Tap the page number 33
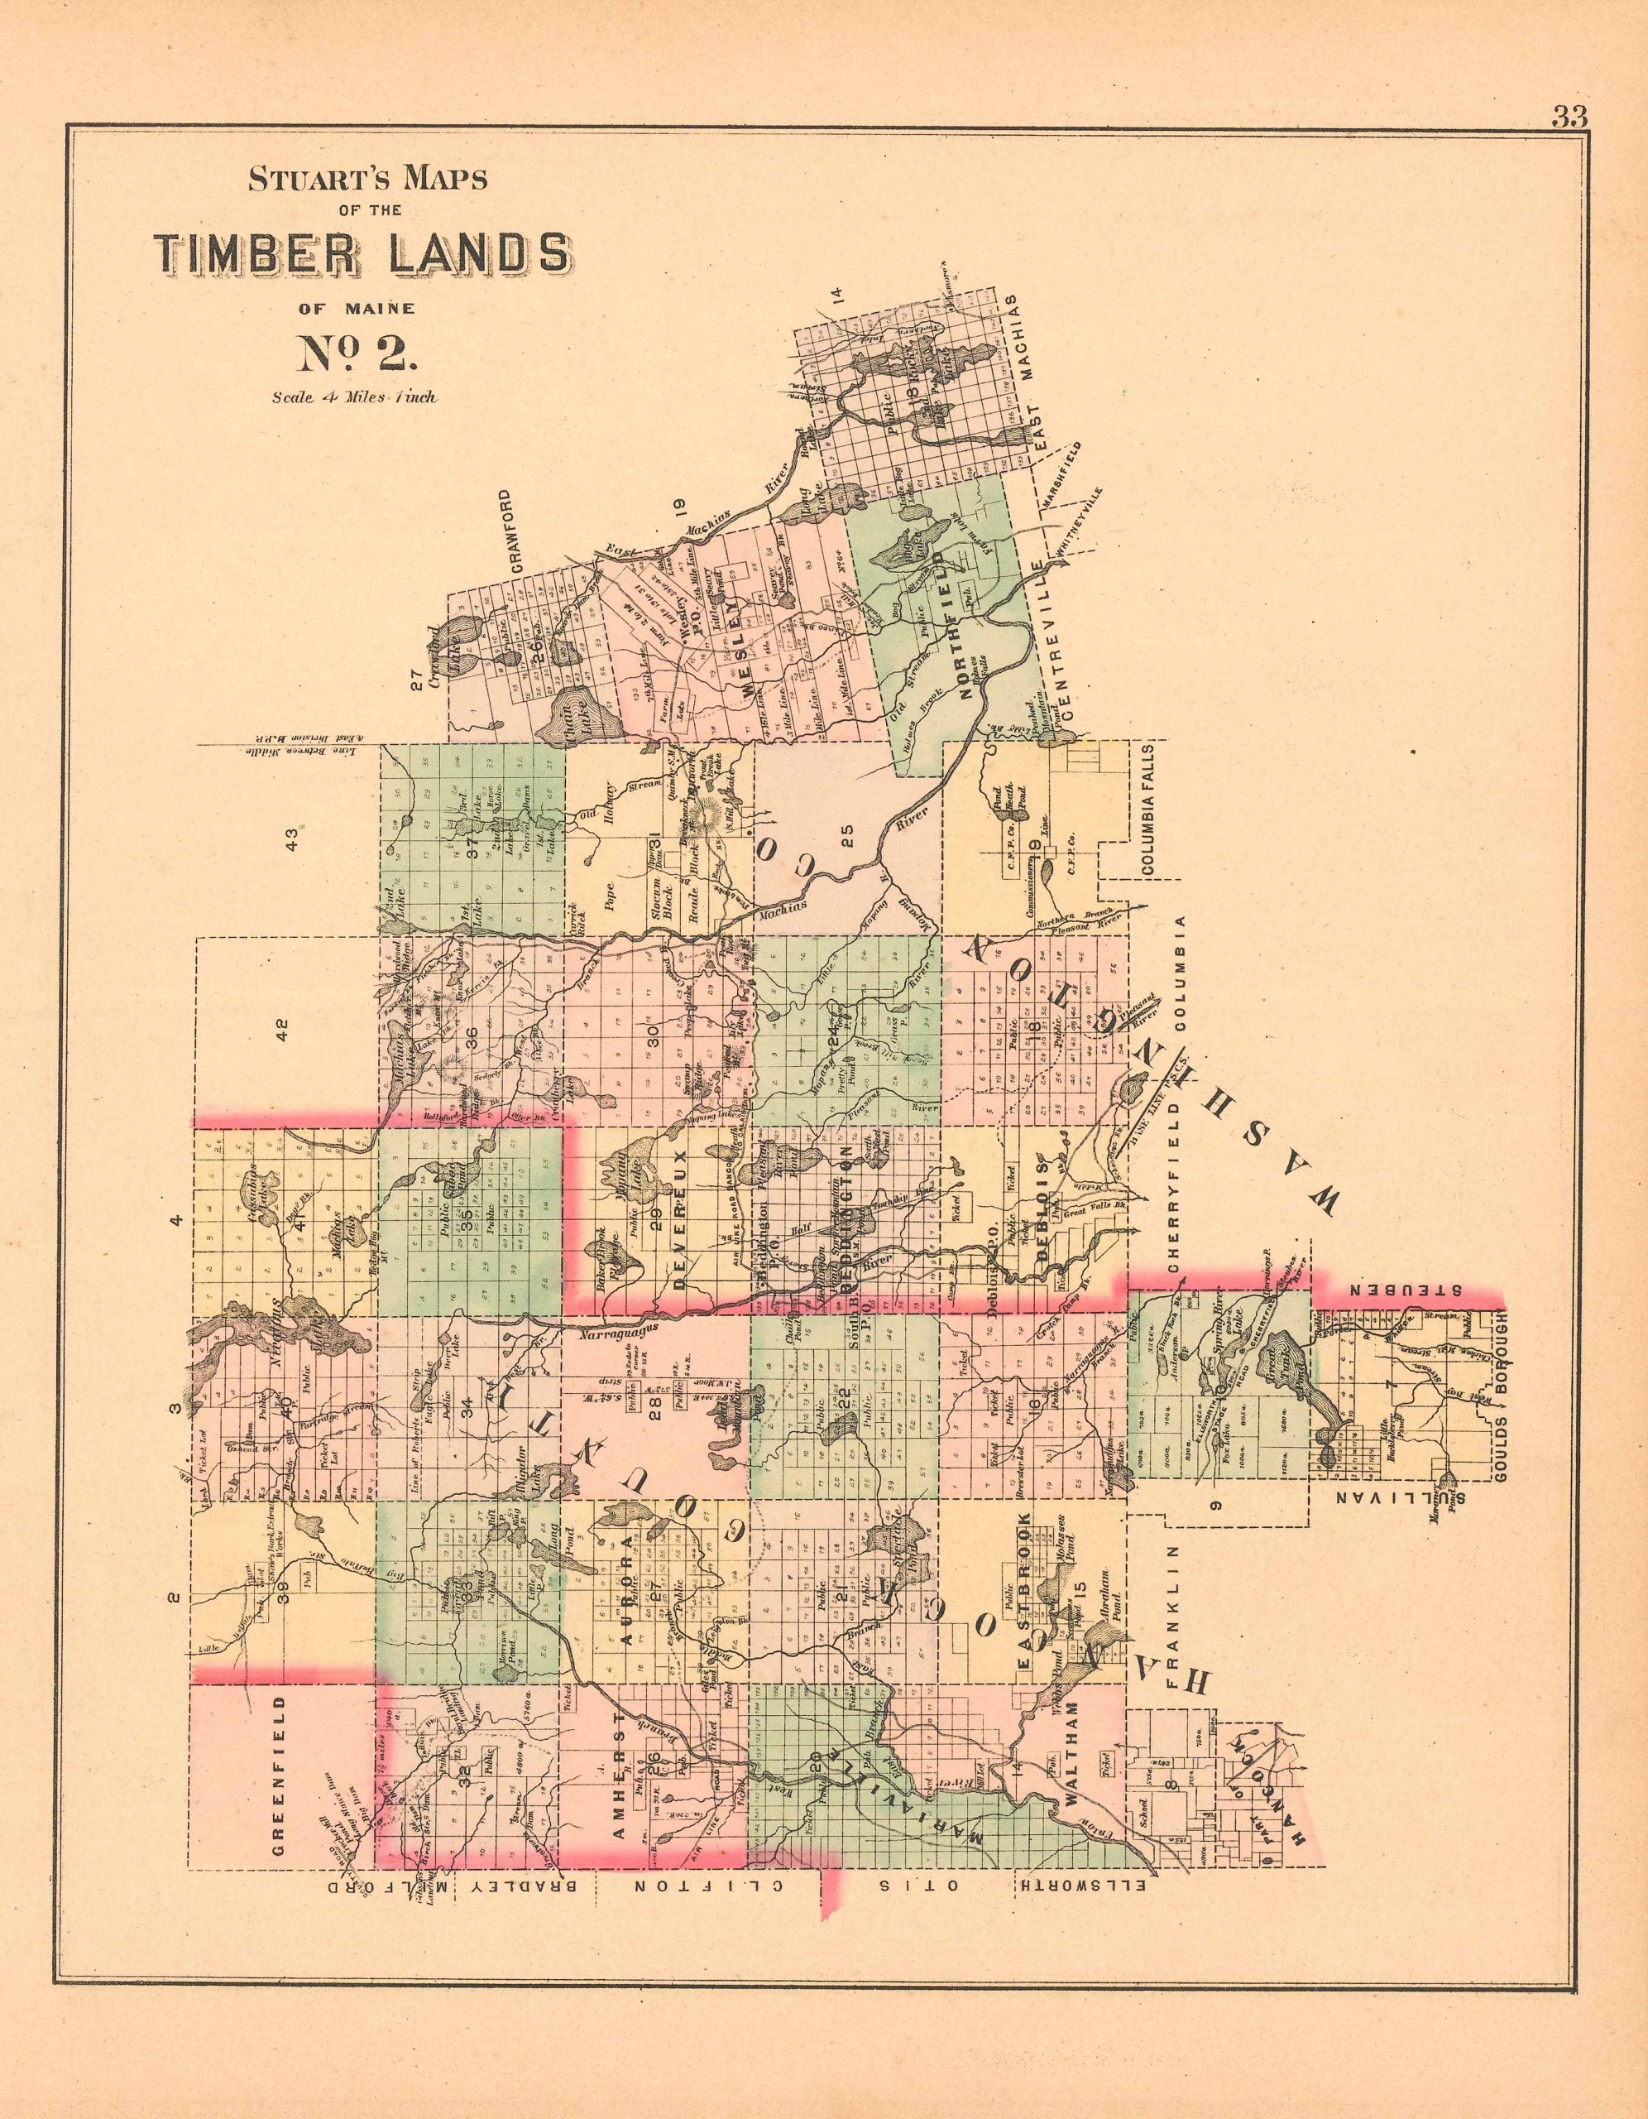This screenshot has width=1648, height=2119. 1569,118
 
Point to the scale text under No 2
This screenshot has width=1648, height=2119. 355,396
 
